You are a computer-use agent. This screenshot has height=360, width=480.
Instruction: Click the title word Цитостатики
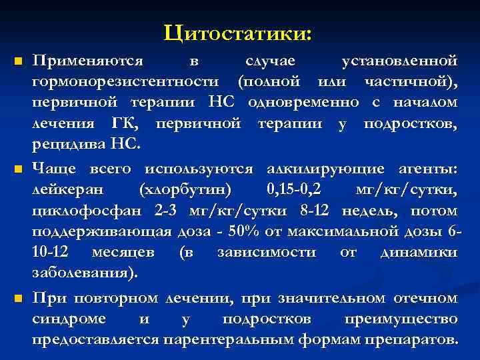(x=241, y=31)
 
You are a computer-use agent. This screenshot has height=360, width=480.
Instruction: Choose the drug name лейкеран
(x=68, y=191)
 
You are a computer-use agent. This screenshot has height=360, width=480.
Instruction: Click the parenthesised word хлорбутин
(x=186, y=191)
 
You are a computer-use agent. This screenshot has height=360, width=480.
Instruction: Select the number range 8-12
(x=315, y=211)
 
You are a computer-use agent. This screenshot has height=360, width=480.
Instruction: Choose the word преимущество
(x=401, y=319)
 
